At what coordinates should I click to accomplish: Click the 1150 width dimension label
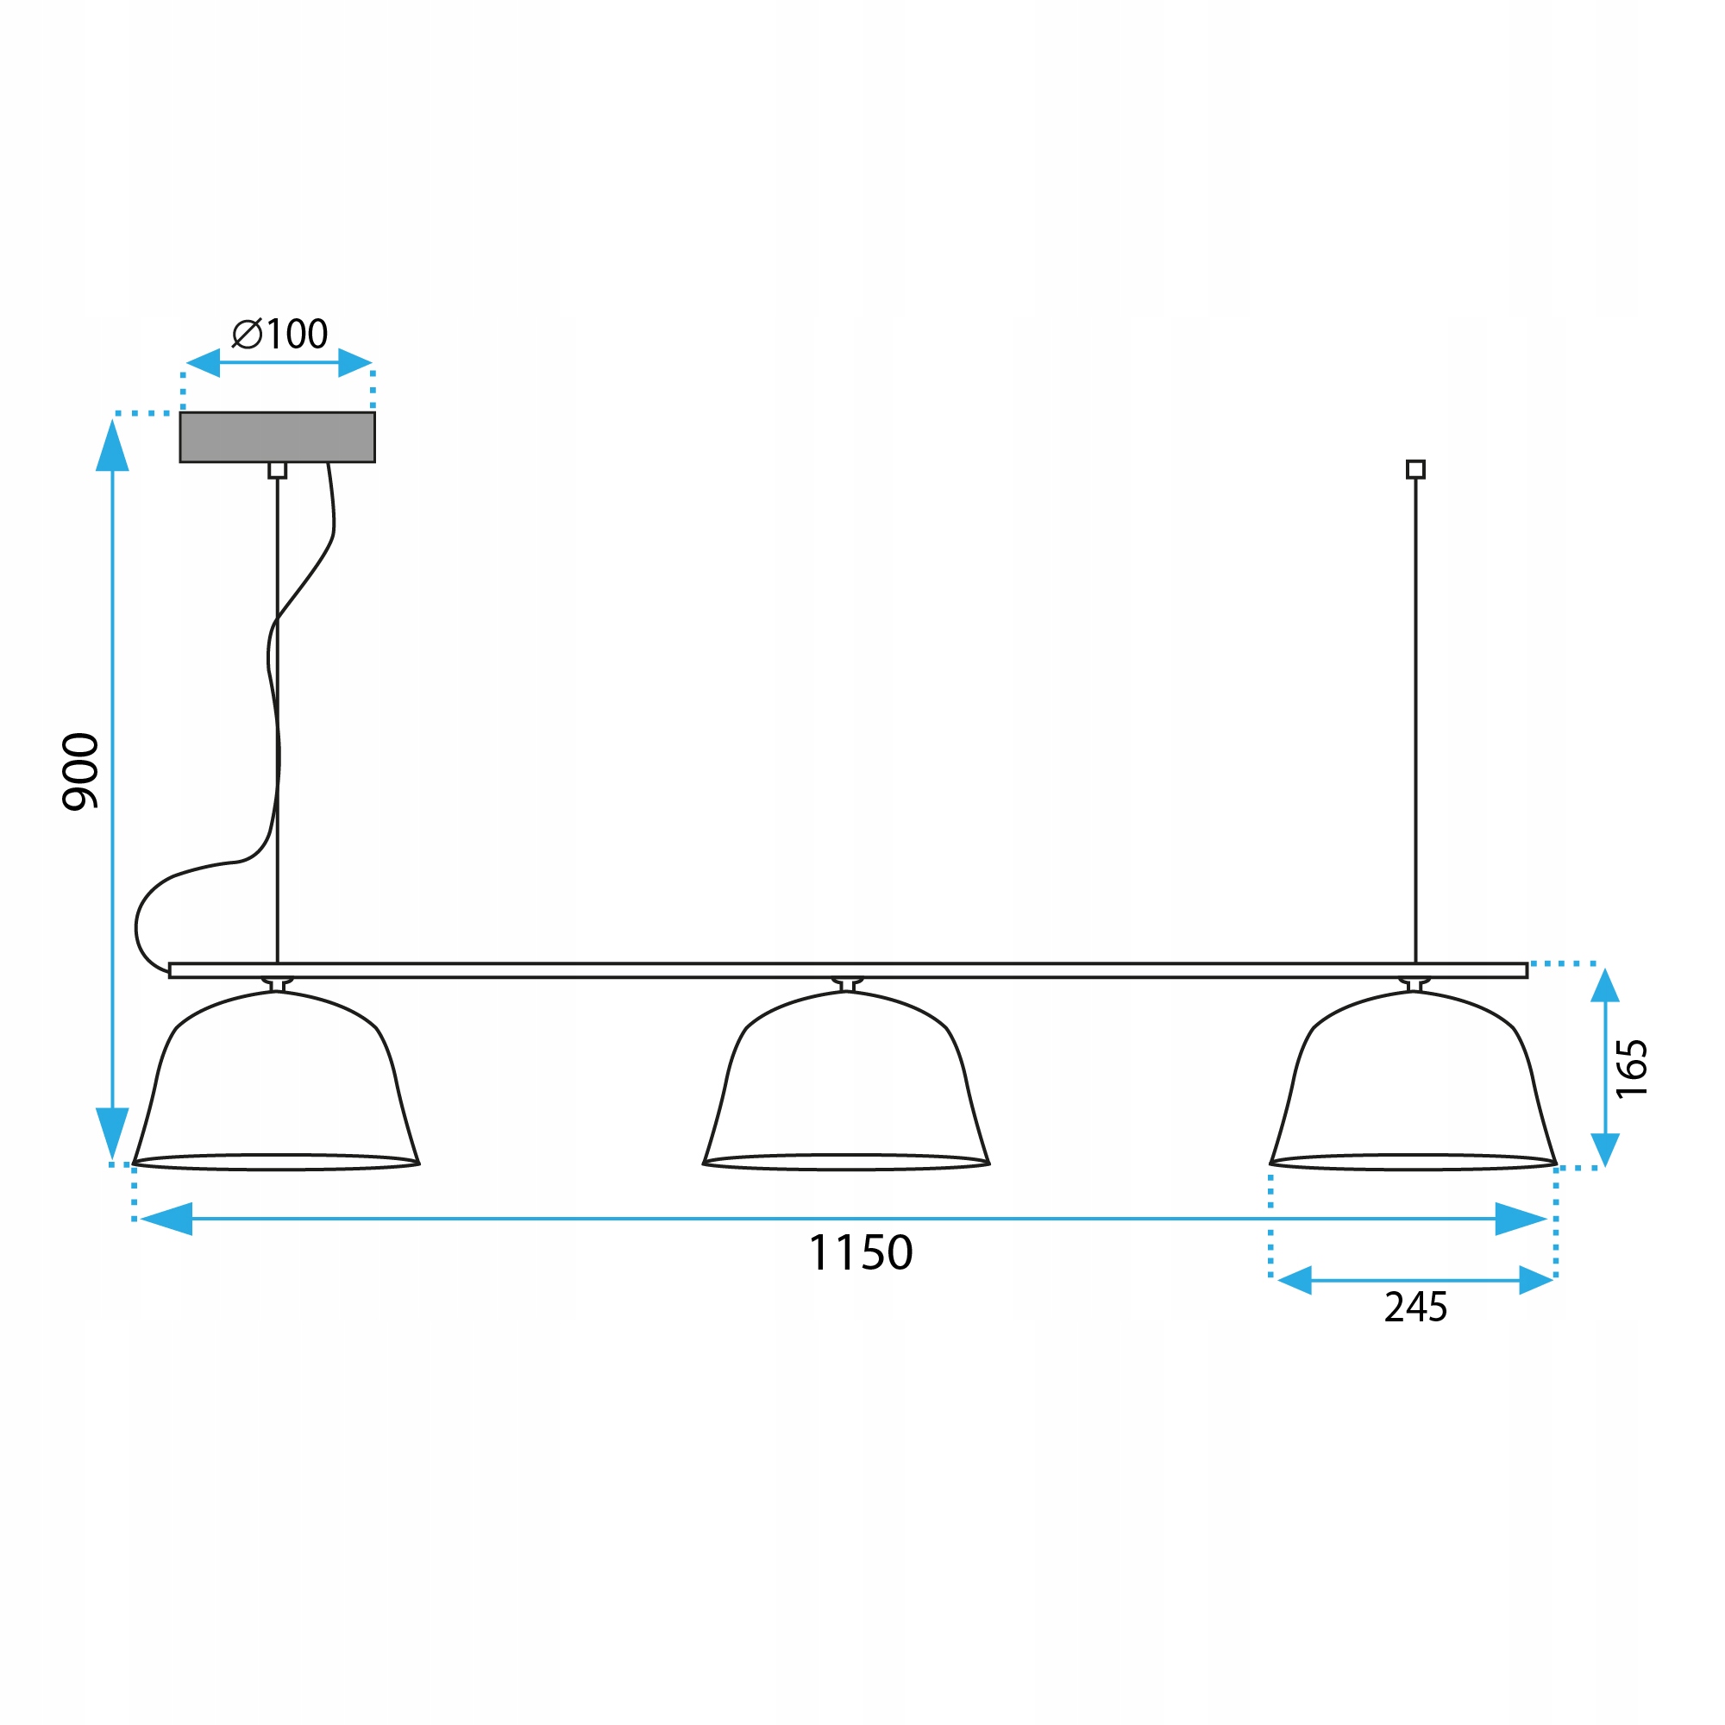[x=860, y=1252]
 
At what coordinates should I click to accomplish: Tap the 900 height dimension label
[x=80, y=771]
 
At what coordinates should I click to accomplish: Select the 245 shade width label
[x=1415, y=1308]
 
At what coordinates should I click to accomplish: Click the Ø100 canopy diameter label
[x=279, y=334]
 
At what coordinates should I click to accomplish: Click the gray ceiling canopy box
[x=278, y=436]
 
